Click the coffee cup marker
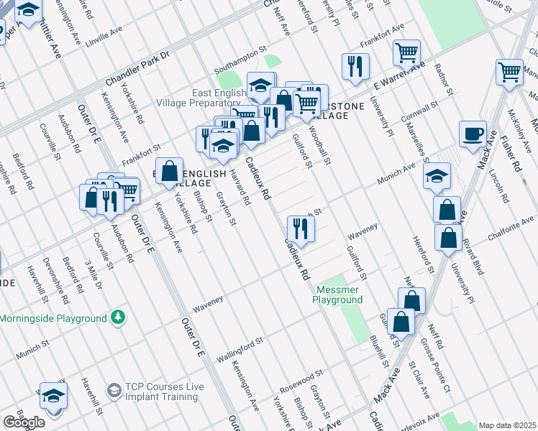pyautogui.click(x=473, y=134)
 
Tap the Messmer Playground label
pyautogui.click(x=338, y=295)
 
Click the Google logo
pyautogui.click(x=24, y=422)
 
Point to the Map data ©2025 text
pyautogui.click(x=507, y=425)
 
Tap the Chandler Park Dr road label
pyautogui.click(x=137, y=67)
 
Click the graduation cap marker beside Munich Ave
pyautogui.click(x=437, y=176)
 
